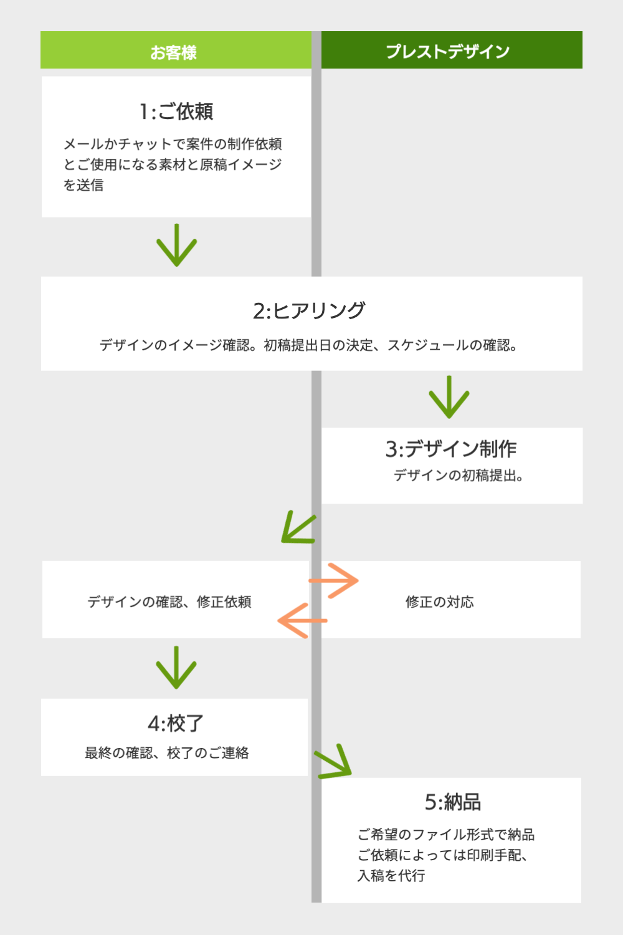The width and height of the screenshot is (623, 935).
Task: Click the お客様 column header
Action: (174, 52)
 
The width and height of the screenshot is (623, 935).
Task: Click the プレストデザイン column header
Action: (447, 51)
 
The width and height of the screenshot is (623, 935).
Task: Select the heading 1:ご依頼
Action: (176, 112)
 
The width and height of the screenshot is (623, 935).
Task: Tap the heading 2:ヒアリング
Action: (309, 310)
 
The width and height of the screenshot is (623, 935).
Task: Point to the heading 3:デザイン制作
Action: (451, 449)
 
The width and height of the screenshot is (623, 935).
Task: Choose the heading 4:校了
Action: (176, 723)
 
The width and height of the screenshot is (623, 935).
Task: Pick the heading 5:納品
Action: (453, 802)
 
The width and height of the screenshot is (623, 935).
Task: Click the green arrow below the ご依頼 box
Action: (176, 245)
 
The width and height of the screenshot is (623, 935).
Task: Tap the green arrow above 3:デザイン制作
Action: (449, 397)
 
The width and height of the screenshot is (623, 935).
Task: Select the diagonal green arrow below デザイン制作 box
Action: (298, 528)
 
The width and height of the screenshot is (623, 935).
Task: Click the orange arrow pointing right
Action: (334, 580)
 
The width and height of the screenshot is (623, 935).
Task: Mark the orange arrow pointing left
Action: (302, 620)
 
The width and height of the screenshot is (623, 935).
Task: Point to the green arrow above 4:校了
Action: (176, 668)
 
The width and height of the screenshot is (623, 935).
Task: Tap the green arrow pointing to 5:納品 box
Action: (334, 762)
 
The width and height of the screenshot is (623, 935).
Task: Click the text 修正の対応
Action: (439, 602)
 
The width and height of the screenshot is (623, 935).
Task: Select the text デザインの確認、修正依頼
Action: (169, 602)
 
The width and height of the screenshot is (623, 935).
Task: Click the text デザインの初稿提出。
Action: (458, 476)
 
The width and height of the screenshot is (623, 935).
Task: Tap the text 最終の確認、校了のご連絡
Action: (167, 753)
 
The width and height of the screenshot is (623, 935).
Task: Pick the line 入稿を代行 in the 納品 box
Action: (391, 876)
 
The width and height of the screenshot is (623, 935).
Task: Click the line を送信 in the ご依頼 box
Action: (83, 185)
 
